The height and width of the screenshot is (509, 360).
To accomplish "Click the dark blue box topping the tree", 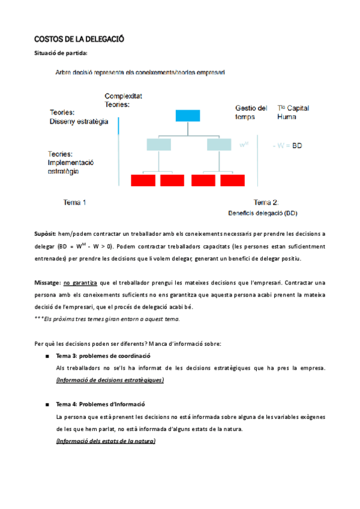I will click(187, 116).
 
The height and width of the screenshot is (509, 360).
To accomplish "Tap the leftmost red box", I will click(143, 179).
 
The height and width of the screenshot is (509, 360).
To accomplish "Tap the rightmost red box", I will click(233, 179).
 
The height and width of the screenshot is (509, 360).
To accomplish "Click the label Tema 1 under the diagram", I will click(75, 202).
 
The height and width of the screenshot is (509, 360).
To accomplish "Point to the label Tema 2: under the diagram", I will click(266, 202).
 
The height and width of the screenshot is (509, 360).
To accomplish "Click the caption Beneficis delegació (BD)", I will click(263, 213).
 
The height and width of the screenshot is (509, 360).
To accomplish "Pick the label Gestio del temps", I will click(251, 112).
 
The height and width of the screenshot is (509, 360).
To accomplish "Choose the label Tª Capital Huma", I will click(293, 112).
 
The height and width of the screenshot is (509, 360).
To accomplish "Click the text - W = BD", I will click(288, 146).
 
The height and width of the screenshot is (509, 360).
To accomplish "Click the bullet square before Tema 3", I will click(47, 357).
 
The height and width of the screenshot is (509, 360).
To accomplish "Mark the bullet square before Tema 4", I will click(47, 405).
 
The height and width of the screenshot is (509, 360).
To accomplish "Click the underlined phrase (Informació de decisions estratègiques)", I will click(110, 380).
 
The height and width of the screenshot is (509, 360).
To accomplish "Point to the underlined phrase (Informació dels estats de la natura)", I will click(106, 441).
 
